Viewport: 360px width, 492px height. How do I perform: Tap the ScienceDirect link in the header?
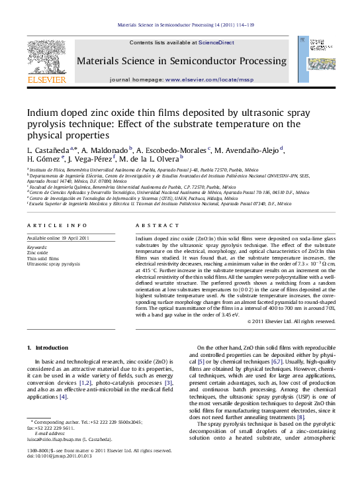coord(217,42)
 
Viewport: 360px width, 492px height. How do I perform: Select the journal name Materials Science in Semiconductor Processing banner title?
coord(181,61)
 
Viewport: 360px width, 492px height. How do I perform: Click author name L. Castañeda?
coord(48,150)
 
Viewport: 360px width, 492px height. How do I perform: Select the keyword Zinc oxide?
coord(37,252)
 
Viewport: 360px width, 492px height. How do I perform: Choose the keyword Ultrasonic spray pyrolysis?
coord(53,264)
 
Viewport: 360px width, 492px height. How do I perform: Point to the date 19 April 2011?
coord(77,238)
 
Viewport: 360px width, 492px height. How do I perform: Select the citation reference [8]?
coord(301,417)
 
